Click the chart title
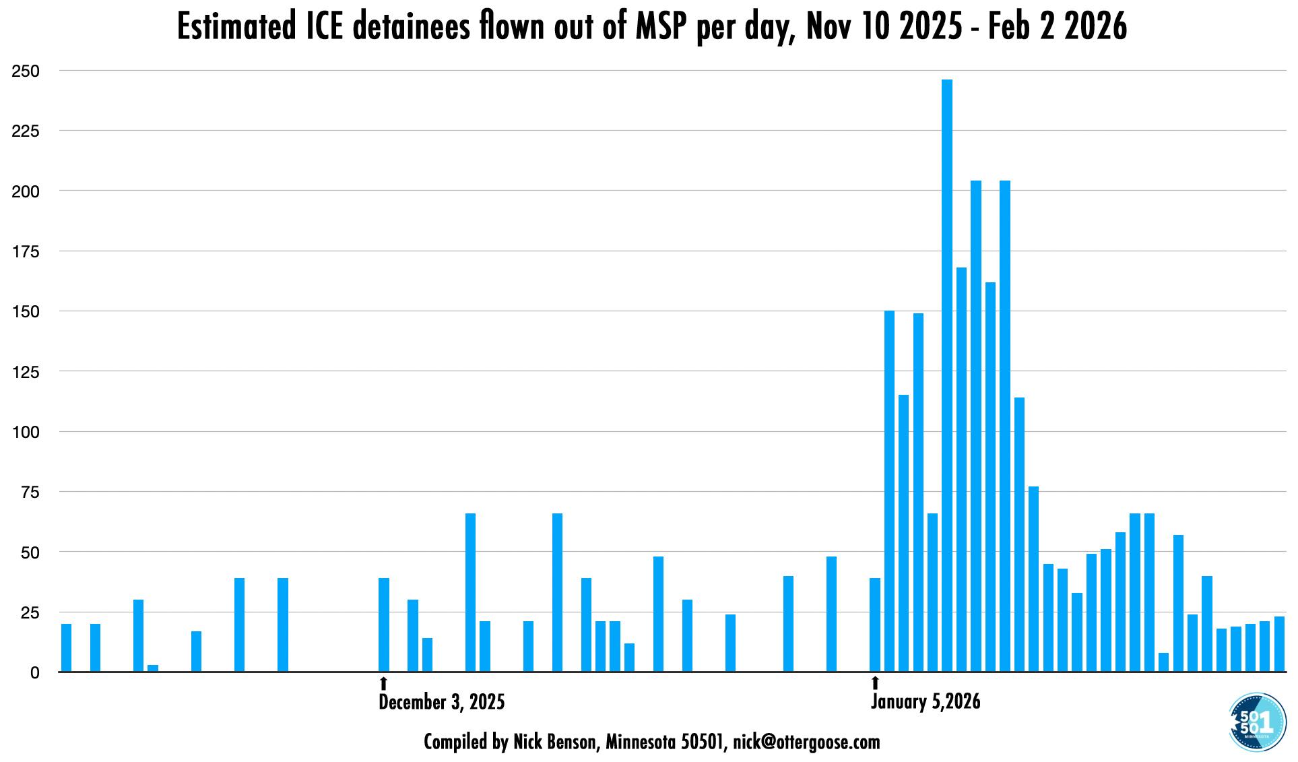pyautogui.click(x=651, y=28)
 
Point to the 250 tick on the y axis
pyautogui.click(x=26, y=71)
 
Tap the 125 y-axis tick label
pyautogui.click(x=26, y=372)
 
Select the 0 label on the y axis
pyautogui.click(x=34, y=672)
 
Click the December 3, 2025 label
pyautogui.click(x=441, y=702)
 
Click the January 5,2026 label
pyautogui.click(x=926, y=702)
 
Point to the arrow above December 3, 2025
pyautogui.click(x=384, y=683)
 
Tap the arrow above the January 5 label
pyautogui.click(x=875, y=683)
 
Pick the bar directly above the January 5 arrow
pyautogui.click(x=875, y=625)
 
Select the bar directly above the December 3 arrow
pyautogui.click(x=384, y=625)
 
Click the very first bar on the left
pyautogui.click(x=66, y=647)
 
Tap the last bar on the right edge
pyautogui.click(x=1279, y=644)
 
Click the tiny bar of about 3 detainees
pyautogui.click(x=153, y=668)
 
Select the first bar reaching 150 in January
pyautogui.click(x=889, y=491)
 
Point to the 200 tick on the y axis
pyautogui.click(x=26, y=191)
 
